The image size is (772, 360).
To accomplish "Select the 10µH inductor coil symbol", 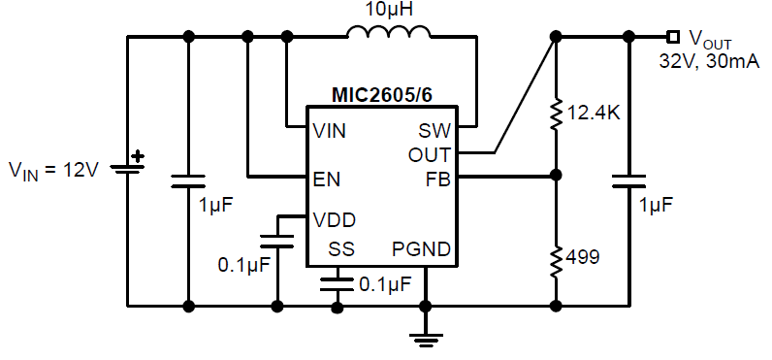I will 388,36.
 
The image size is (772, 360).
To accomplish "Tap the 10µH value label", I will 387,11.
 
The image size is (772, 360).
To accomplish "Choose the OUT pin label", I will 429,153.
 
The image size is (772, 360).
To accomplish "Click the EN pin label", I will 326,178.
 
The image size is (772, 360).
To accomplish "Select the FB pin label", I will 438,178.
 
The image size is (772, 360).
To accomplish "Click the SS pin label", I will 341,249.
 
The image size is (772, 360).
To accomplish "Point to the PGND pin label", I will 421,249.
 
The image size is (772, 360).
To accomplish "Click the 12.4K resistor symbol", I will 556,114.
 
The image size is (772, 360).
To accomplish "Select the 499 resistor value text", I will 584,258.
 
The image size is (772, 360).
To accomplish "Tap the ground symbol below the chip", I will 424,338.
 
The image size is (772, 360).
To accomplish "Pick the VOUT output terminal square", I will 672,38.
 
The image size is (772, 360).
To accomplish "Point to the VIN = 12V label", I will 54,170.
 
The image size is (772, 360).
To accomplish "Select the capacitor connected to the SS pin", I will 338,283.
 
